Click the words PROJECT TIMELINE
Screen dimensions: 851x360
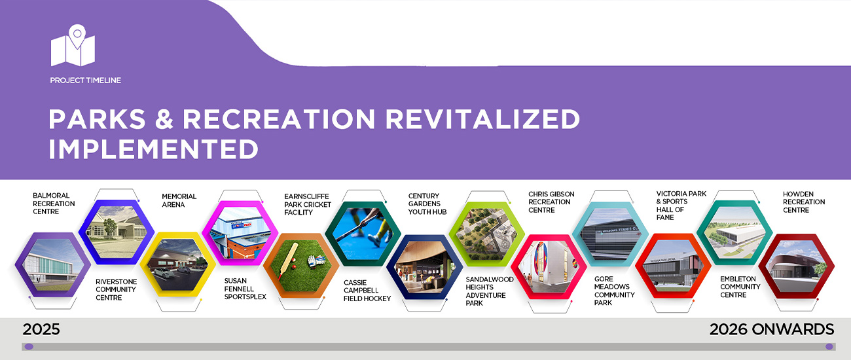pyautogui.click(x=86, y=81)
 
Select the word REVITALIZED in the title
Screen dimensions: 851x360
pyautogui.click(x=482, y=119)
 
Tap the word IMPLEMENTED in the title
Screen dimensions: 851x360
pyautogui.click(x=153, y=149)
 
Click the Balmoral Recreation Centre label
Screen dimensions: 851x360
pyautogui.click(x=54, y=204)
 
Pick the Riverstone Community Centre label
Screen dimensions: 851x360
pyautogui.click(x=116, y=289)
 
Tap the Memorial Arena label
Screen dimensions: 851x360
pyautogui.click(x=179, y=200)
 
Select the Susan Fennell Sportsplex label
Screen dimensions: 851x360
pyautogui.click(x=245, y=289)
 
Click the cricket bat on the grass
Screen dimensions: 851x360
pyautogui.click(x=289, y=261)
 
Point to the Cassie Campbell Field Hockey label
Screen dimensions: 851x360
pyautogui.click(x=367, y=291)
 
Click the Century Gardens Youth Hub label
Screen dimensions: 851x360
pyautogui.click(x=427, y=204)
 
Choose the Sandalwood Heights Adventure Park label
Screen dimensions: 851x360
pyautogui.click(x=490, y=291)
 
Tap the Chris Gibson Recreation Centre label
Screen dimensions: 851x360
pyautogui.click(x=551, y=202)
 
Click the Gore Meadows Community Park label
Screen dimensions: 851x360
pyautogui.click(x=614, y=291)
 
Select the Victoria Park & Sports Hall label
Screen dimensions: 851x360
pyautogui.click(x=681, y=206)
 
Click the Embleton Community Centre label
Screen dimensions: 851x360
pyautogui.click(x=740, y=287)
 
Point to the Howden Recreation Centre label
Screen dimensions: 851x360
pyautogui.click(x=804, y=202)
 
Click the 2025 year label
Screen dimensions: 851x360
pyautogui.click(x=41, y=329)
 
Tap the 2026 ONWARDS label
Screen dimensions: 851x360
pyautogui.click(x=772, y=329)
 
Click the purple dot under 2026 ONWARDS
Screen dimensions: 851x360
pyautogui.click(x=829, y=347)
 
